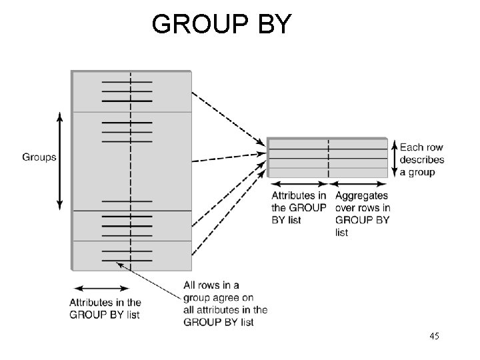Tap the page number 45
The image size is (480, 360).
434,337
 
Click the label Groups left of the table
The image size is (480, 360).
39,157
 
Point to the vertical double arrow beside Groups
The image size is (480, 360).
60,160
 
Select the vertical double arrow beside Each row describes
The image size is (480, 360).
395,158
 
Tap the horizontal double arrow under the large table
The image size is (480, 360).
100,289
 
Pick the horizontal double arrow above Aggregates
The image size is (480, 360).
358,184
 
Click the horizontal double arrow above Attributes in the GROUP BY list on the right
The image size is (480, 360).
298,184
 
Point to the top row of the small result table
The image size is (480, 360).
327,144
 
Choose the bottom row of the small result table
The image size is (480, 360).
327,173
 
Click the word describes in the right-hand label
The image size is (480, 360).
422,160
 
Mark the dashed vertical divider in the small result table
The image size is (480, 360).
329,158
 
